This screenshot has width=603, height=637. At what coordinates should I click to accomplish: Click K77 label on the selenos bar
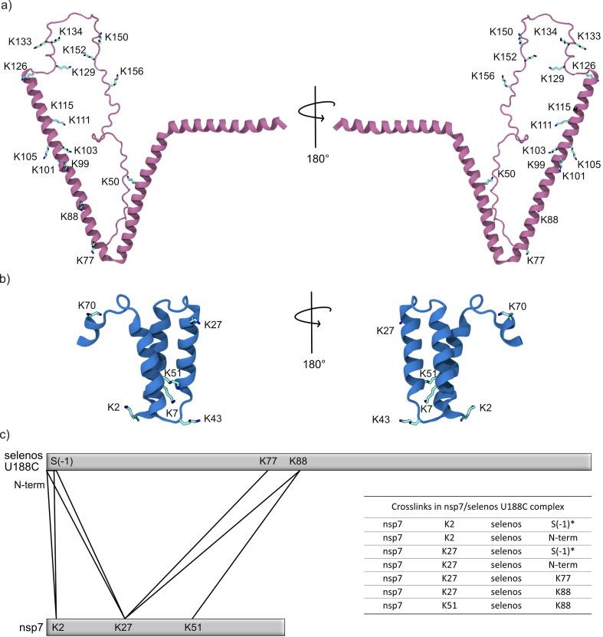click(269, 461)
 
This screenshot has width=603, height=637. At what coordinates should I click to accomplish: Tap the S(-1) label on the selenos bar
click(61, 461)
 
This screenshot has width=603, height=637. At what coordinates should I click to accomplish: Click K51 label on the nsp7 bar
click(194, 628)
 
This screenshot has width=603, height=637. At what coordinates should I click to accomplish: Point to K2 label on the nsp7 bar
click(58, 628)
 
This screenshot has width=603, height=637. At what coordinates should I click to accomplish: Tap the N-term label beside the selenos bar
click(28, 484)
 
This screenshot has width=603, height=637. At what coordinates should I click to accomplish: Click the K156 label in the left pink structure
click(131, 71)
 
